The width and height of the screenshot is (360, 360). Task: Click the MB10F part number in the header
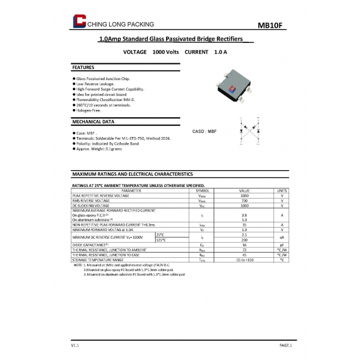[269, 26]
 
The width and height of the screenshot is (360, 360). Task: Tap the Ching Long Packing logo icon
[78, 22]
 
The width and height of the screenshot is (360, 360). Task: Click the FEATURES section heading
[83, 67]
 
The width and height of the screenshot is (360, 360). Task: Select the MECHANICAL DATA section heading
[93, 122]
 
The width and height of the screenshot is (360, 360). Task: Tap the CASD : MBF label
[204, 131]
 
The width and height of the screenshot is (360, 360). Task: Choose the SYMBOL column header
[202, 190]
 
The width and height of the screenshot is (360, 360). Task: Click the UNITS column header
[282, 190]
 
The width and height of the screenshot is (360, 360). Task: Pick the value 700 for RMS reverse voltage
[244, 200]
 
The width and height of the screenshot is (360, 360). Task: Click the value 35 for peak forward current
[244, 225]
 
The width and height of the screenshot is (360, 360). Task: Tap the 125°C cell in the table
[161, 239]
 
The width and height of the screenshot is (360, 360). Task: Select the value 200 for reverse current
[244, 239]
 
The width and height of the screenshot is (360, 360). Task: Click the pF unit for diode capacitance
[282, 244]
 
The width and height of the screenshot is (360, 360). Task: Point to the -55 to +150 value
[244, 260]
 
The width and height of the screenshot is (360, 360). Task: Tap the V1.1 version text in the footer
[75, 345]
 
